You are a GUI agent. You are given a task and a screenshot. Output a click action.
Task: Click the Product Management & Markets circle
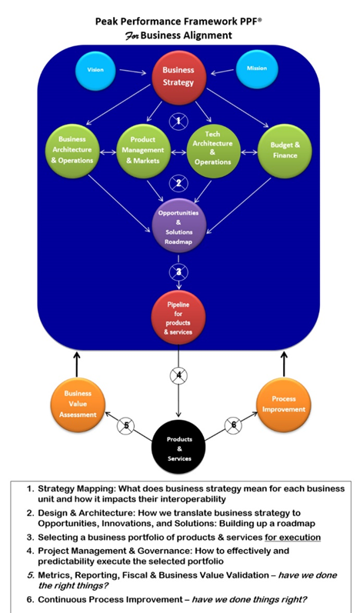point(143,150)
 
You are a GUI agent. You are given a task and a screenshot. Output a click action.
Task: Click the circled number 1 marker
point(178,121)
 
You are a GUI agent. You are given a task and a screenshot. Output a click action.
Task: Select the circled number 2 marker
point(178,182)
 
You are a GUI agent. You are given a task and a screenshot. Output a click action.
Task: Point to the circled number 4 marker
point(178,377)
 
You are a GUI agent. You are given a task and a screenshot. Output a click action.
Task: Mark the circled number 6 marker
point(234,425)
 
